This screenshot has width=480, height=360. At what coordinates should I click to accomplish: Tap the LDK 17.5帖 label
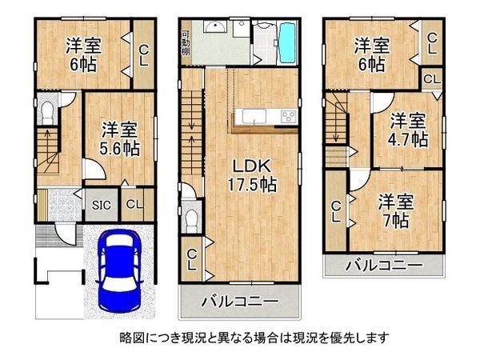click(254, 174)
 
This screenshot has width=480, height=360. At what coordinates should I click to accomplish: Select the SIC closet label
click(101, 204)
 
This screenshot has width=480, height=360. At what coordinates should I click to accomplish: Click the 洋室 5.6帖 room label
click(120, 138)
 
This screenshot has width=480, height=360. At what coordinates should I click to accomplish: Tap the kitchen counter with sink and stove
click(264, 118)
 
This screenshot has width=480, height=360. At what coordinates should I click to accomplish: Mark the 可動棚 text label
click(185, 40)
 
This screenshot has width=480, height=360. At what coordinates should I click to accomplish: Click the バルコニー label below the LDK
click(239, 302)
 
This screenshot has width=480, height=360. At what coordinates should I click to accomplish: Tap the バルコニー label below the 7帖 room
click(383, 265)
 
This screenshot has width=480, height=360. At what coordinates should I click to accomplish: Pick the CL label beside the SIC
click(134, 204)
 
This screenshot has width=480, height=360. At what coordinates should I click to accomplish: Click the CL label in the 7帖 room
click(336, 212)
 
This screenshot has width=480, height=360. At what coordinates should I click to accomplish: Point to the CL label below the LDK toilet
click(192, 259)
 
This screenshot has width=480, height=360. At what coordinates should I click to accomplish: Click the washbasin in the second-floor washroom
click(211, 28)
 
